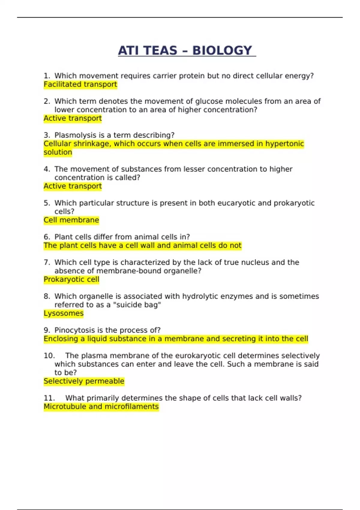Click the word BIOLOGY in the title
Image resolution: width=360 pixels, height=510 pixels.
pos(222,50)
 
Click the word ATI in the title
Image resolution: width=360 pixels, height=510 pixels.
pos(128,50)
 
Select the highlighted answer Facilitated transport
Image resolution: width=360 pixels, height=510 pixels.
pos(80,84)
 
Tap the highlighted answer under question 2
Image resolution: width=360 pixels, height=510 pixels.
pos(73,118)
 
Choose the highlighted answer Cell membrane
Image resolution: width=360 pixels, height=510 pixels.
pos(71,220)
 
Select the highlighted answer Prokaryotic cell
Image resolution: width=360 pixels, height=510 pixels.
pos(71,279)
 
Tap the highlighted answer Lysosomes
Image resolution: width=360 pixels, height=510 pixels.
pos(63,313)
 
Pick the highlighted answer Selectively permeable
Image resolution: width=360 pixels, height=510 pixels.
pos(84,381)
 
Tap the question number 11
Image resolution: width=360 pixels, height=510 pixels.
pos(49,398)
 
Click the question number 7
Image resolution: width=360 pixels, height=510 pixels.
pos(47,262)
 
